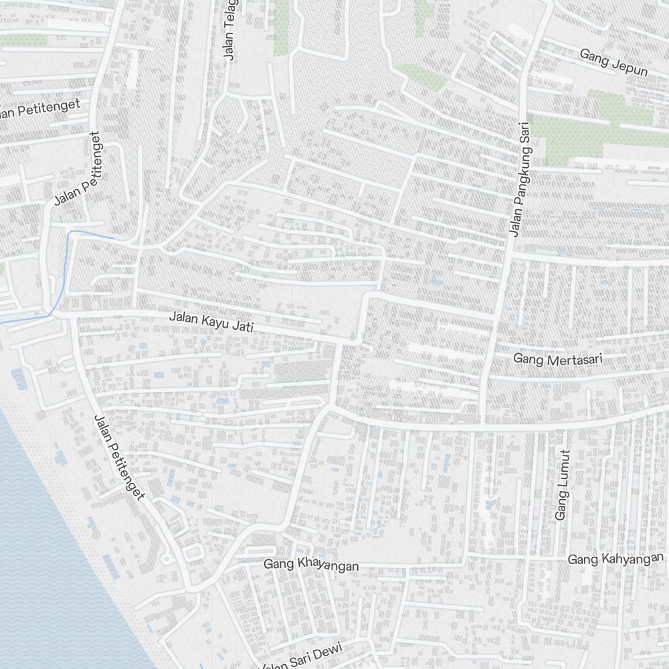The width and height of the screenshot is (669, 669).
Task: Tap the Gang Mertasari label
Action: coord(557,359)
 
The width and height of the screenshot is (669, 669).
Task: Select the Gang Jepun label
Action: coord(613,62)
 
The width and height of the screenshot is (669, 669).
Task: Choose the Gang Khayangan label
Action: coord(310,565)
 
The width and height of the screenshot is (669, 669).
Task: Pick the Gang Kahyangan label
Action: coord(615,559)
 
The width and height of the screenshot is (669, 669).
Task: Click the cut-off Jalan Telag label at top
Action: coord(231,30)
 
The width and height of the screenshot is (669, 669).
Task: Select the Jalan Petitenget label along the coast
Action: coord(119,457)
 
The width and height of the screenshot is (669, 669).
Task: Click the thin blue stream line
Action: coord(68,268)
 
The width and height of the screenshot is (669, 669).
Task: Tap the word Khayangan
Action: coord(327,566)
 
